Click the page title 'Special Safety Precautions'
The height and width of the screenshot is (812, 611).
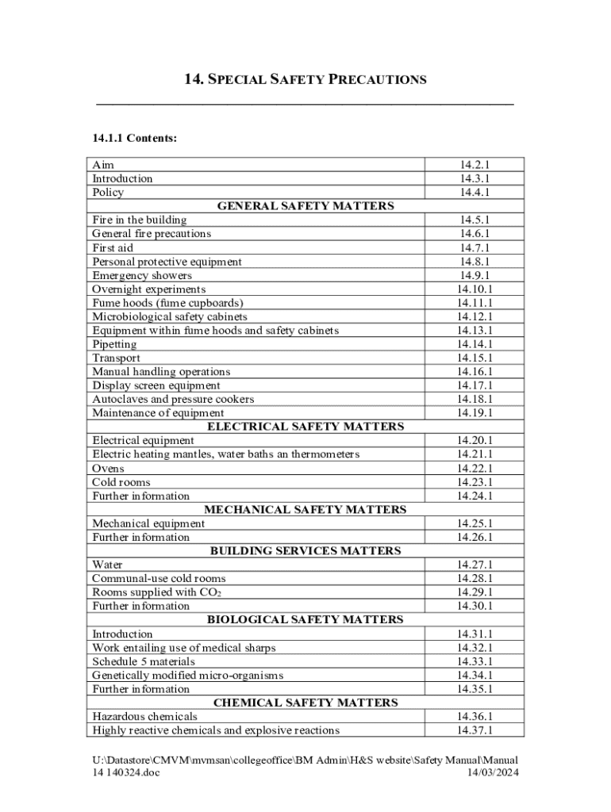[x=305, y=79]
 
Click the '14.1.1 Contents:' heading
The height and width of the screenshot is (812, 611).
[x=134, y=138]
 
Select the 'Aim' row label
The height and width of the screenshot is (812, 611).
[x=103, y=165]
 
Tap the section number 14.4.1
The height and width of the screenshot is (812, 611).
[x=475, y=192]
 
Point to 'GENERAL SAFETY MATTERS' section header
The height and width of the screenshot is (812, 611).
[x=305, y=206]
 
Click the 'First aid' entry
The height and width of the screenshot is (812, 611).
[x=113, y=247]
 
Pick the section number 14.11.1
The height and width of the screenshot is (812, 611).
[x=475, y=303]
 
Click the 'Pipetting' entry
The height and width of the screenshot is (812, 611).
[x=114, y=344]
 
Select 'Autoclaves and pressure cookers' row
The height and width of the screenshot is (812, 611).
[x=173, y=399]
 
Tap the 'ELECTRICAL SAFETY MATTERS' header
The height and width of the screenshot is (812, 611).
[x=305, y=427]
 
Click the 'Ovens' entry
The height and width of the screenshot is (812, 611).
[x=108, y=468]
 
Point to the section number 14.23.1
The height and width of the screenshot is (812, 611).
[x=475, y=482]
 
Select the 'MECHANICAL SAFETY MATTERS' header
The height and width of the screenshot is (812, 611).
[x=305, y=510]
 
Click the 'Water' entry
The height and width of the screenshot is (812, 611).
[x=107, y=565]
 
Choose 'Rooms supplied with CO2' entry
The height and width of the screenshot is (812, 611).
[x=156, y=592]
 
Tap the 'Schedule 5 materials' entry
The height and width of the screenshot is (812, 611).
[x=144, y=661]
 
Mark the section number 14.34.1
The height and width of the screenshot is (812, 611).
[x=475, y=675]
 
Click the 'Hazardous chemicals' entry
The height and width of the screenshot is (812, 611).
[x=144, y=716]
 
